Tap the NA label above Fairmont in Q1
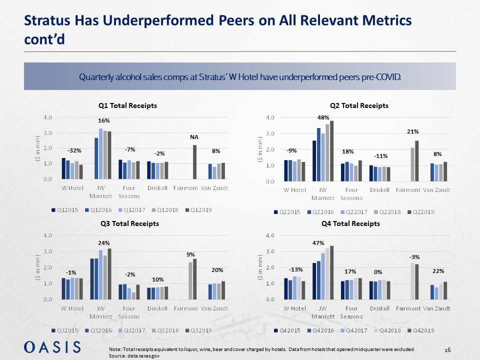194,135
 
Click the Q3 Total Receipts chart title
128,223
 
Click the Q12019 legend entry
201,209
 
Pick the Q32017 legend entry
134,330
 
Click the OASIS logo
52,346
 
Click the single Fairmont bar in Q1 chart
194,162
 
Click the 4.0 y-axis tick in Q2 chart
269,117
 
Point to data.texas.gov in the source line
143,354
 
